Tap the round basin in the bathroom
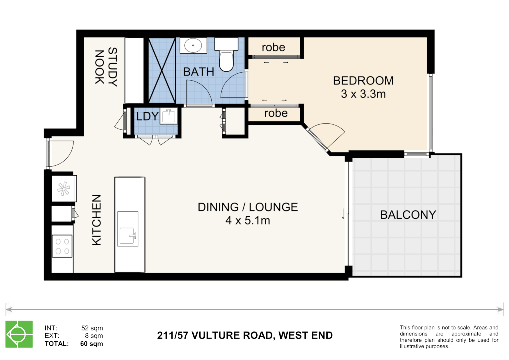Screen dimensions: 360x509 click(x=193, y=45)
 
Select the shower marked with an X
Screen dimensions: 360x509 click(x=162, y=71)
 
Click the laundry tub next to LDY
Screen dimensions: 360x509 click(x=169, y=116)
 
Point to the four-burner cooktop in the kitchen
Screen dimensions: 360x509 click(x=62, y=246)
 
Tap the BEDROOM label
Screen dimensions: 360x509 click(x=363, y=81)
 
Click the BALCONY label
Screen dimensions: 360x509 click(x=408, y=215)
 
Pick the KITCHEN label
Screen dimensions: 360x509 click(x=96, y=220)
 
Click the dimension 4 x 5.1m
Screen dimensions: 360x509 click(x=248, y=220)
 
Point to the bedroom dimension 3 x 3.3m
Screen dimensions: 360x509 click(x=363, y=94)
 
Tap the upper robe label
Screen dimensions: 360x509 click(x=273, y=47)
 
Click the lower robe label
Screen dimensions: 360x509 click(x=276, y=113)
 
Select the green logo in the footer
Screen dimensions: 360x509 click(x=19, y=334)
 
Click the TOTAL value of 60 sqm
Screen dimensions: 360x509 click(x=91, y=344)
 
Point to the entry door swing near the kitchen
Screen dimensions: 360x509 click(x=62, y=153)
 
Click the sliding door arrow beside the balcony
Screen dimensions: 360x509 click(x=343, y=214)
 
